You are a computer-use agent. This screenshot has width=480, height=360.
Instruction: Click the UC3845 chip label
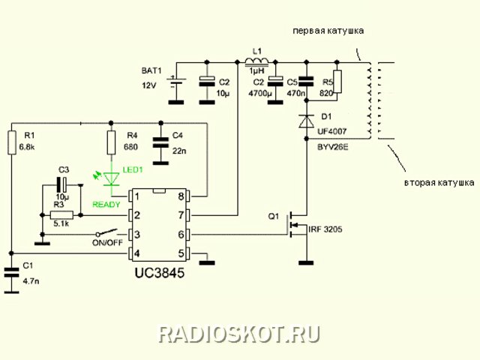tap(160, 272)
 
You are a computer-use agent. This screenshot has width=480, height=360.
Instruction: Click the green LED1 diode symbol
tap(111, 179)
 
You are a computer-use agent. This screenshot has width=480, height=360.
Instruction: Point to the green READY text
tap(106, 205)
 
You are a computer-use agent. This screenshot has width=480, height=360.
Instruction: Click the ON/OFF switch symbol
tap(106, 232)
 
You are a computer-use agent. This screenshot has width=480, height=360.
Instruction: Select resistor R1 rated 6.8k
tap(12, 142)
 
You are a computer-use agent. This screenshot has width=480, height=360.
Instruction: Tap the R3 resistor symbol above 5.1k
tap(61, 215)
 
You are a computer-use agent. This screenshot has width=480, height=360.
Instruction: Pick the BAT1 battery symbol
tap(176, 82)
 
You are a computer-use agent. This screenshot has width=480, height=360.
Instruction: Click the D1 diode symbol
tap(307, 120)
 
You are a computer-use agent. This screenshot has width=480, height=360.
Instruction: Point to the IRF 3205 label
tap(325, 229)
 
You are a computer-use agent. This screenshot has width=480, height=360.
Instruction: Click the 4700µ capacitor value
tap(260, 93)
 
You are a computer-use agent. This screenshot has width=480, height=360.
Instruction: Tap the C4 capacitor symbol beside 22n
tap(160, 142)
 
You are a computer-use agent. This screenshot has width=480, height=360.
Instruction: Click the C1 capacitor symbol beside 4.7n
tap(12, 272)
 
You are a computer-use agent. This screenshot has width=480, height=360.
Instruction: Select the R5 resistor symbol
tap(337, 82)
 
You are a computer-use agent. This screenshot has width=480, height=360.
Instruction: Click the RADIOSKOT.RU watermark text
tap(239, 334)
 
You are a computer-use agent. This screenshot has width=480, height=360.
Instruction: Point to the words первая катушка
tap(328, 31)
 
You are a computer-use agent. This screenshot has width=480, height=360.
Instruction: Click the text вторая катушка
tap(439, 183)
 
